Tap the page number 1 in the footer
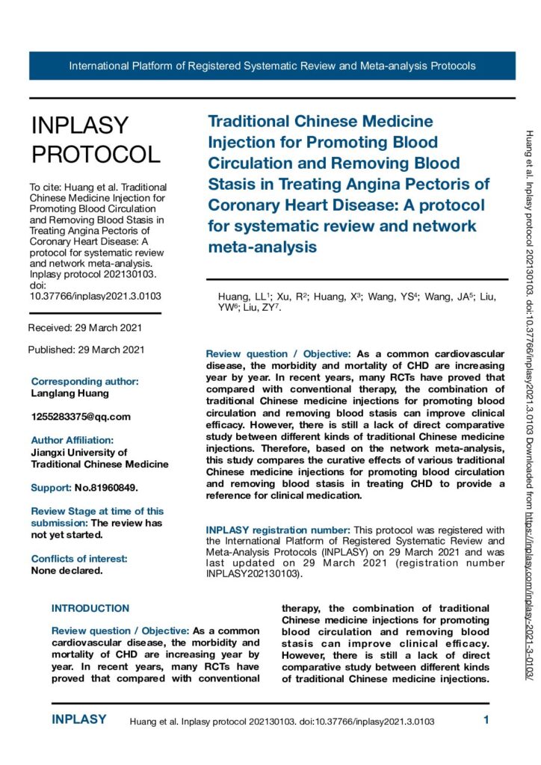click(x=486, y=720)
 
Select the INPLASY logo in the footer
click(x=79, y=720)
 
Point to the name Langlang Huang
click(x=70, y=392)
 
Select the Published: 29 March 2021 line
click(x=86, y=350)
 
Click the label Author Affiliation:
click(x=72, y=440)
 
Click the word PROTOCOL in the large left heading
click(x=95, y=154)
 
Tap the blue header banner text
click(x=272, y=66)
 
